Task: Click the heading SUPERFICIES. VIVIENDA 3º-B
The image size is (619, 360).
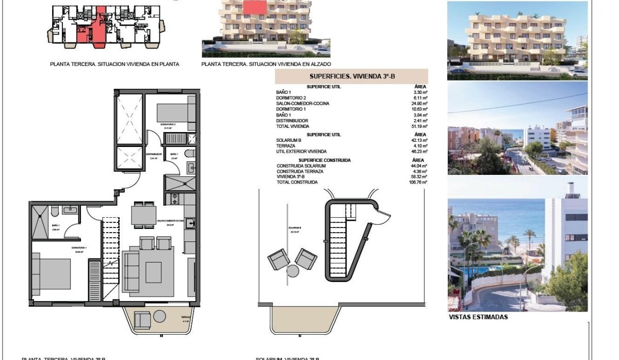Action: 351,77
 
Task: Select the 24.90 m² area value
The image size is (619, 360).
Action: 419,104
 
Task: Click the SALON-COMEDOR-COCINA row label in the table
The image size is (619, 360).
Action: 303,104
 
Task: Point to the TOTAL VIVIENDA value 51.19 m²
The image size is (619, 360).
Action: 419,126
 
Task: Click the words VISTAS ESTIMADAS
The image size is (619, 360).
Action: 478,317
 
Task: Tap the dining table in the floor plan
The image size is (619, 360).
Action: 143,216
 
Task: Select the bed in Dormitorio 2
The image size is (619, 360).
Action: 175,111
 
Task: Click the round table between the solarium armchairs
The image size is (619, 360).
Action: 293,271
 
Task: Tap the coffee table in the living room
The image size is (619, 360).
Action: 154,272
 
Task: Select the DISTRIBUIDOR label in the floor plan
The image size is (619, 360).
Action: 154,154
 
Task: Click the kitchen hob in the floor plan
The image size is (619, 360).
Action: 174,198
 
